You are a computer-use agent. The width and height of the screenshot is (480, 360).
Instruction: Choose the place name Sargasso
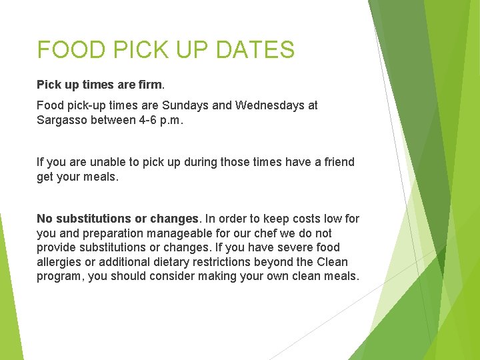63,121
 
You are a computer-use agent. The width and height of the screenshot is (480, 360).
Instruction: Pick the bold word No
45,219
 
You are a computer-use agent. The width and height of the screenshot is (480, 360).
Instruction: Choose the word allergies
59,262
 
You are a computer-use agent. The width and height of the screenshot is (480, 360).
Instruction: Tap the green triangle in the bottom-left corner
8,313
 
